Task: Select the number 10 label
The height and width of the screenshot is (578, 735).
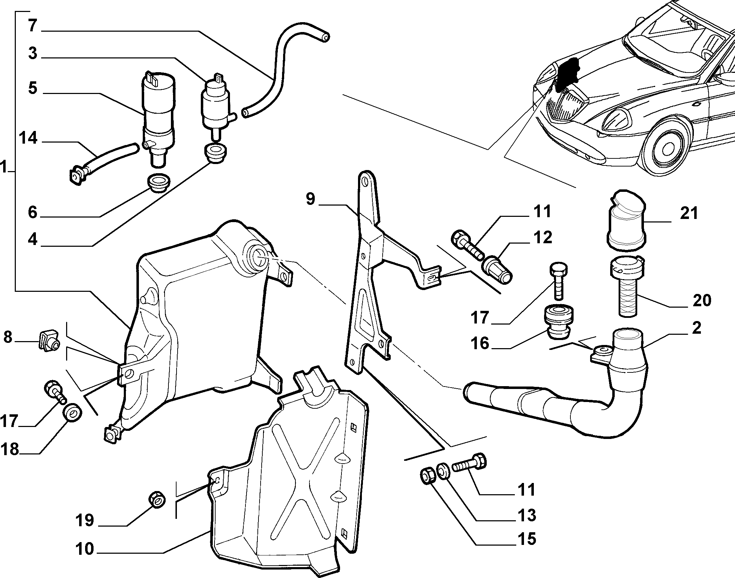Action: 85,548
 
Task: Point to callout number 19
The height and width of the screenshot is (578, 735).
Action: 85,520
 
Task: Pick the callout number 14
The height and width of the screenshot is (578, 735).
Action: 28,138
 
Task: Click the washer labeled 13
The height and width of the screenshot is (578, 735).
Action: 442,471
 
